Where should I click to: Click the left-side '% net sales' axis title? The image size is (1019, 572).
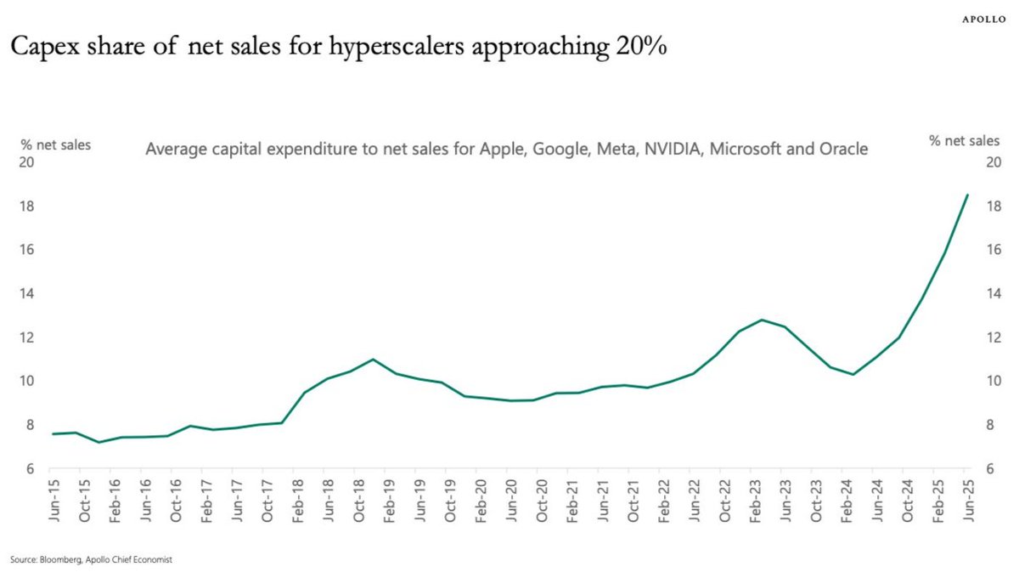coord(55,144)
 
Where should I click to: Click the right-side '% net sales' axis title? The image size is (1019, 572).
coord(965,141)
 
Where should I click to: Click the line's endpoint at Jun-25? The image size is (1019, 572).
coord(967,195)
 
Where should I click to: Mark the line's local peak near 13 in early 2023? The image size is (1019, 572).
coord(763,320)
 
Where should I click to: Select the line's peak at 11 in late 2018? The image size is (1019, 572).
coord(373,360)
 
